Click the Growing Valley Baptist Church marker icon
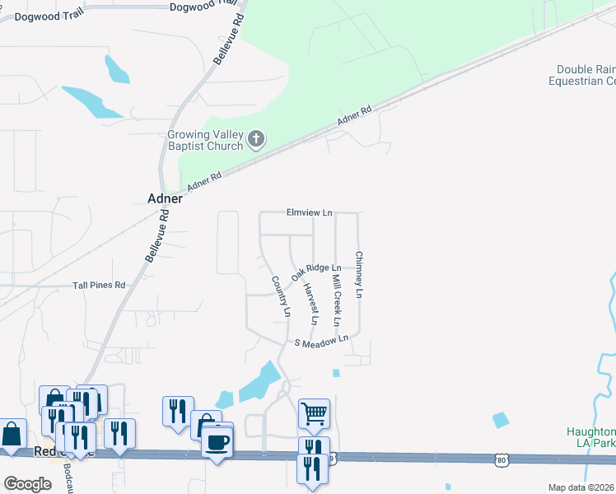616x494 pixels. pyautogui.click(x=256, y=138)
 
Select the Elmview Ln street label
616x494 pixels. pyautogui.click(x=309, y=212)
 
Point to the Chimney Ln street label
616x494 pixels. pyautogui.click(x=359, y=274)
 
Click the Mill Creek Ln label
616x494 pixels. pyautogui.click(x=336, y=299)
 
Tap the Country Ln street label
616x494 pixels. pyautogui.click(x=281, y=296)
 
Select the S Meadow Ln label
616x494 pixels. pyautogui.click(x=322, y=340)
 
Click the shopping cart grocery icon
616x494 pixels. pyautogui.click(x=314, y=412)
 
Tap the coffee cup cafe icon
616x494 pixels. pyautogui.click(x=217, y=442)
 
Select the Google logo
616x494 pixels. pyautogui.click(x=27, y=484)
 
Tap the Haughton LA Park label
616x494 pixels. pyautogui.click(x=591, y=437)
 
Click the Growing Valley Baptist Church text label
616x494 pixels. pyautogui.click(x=205, y=140)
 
